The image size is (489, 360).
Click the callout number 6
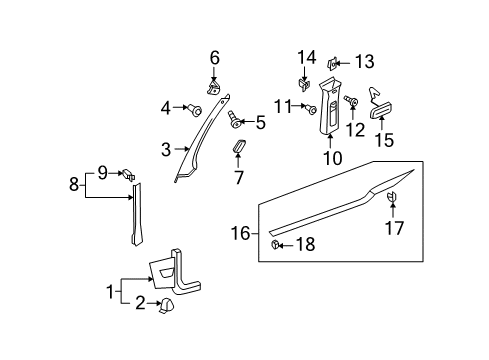215,58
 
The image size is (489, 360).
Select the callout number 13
365,62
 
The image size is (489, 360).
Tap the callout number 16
240,233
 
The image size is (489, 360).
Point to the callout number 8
74,184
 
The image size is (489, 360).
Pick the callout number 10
333,157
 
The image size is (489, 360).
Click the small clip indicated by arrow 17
392,197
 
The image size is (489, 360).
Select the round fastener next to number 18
275,244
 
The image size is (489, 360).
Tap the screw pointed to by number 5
234,119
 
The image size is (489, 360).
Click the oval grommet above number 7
239,147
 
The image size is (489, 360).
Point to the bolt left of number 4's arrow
195,110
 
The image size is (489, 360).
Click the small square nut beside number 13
333,63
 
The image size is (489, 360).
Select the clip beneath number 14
304,85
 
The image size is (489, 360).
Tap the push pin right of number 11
311,109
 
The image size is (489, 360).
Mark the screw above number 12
352,100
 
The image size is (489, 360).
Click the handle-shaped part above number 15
380,105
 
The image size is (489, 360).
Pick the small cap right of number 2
166,306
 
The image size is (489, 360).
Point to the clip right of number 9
129,174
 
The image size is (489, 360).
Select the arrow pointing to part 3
182,149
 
